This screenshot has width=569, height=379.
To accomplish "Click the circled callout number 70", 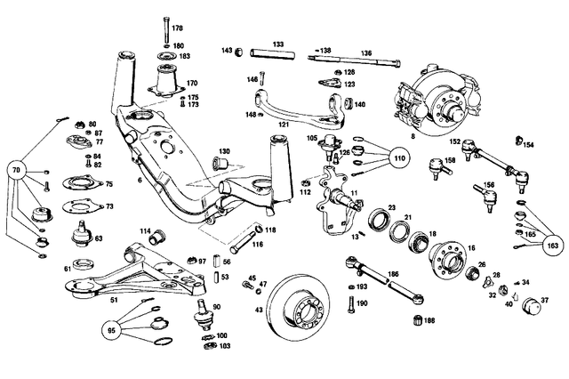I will point(17,168).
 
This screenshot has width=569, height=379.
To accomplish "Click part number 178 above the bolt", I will point(177,28).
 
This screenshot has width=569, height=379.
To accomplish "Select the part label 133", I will point(278,42).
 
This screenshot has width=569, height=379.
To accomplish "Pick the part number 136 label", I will point(366,52).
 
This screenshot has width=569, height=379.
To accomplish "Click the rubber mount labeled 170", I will point(166,85).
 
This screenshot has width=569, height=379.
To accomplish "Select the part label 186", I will point(392,275).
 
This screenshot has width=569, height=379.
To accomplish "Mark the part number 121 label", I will point(283,125).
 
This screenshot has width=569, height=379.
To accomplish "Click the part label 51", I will point(114,300).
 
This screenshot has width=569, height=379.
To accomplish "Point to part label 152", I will point(453,141).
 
